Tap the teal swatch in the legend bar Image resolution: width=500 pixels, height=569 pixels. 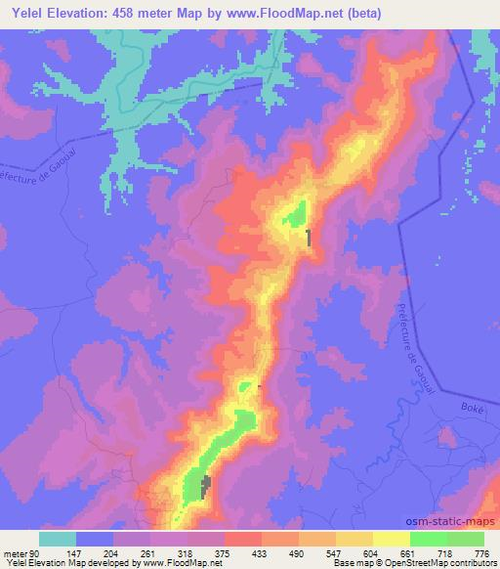click(x=58, y=539)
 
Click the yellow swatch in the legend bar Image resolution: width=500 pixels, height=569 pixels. click(x=354, y=539)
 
